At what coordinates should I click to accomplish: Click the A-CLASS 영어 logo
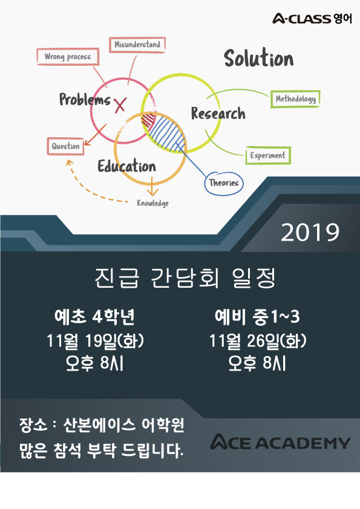[x=312, y=19]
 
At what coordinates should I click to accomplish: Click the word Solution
[x=258, y=58]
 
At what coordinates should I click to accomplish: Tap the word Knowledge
[x=152, y=203]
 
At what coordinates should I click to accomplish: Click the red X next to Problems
[x=120, y=105]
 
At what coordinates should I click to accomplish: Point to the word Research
[x=218, y=114]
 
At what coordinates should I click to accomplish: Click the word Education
[x=126, y=166]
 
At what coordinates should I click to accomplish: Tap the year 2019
[x=310, y=232]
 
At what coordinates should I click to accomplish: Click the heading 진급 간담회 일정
[x=185, y=278]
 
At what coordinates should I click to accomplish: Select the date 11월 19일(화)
[x=95, y=341]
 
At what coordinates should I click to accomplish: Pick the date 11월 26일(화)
[x=257, y=341]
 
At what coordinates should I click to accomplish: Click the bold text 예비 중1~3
[x=257, y=317]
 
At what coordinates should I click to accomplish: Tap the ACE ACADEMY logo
[x=280, y=442]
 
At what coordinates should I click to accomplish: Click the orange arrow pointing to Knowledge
[x=152, y=186]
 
